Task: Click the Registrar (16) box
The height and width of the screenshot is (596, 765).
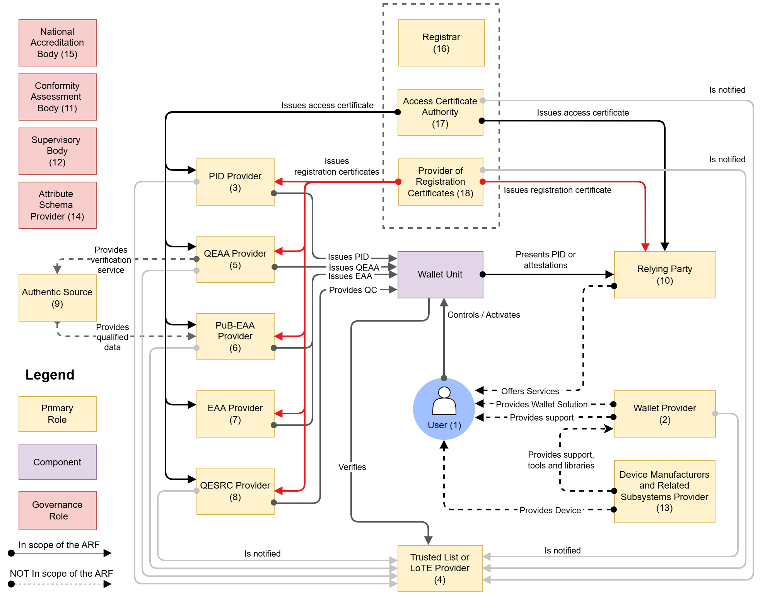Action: point(441,43)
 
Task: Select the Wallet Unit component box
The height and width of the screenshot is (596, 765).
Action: point(440,274)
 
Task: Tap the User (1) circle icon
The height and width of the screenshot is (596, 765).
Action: point(444,409)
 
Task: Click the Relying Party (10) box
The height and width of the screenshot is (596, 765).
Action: point(665,274)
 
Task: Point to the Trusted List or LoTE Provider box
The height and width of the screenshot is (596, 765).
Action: point(440,568)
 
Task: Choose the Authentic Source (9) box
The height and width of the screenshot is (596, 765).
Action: point(57,298)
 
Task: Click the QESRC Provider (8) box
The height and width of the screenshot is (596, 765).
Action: point(235,491)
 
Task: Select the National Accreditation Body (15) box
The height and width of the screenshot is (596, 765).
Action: point(57,43)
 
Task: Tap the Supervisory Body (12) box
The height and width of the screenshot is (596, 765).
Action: point(57,151)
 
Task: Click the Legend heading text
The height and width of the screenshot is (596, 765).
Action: point(50,375)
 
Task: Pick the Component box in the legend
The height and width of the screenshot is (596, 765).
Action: point(57,462)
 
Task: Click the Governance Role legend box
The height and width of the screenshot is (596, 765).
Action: point(57,510)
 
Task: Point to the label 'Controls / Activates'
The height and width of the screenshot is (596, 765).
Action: point(483,315)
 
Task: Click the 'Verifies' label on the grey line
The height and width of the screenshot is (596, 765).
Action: point(352,467)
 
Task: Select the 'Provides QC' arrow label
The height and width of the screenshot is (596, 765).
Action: point(353,290)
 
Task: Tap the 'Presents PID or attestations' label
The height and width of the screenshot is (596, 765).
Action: point(545,260)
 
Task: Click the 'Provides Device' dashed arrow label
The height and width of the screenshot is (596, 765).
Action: point(550,510)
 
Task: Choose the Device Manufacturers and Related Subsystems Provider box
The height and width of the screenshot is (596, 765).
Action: point(664,491)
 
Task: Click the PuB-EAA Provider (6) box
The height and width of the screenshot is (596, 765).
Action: point(235,336)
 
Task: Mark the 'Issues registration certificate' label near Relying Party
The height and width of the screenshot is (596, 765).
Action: point(557,190)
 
